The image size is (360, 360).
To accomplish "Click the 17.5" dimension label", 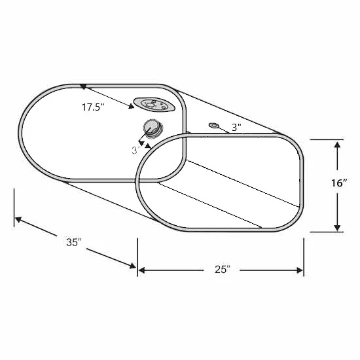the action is pos(93,107).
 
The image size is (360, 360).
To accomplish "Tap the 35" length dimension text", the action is pos(74,242).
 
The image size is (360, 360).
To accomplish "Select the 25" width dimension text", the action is pos(222,270).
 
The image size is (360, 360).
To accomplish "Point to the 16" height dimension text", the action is pos(338,183).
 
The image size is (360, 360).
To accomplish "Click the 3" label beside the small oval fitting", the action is pos(236,128).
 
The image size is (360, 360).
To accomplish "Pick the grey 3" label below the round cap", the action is pos(136,151).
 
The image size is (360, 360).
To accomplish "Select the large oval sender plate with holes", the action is pos(154,105).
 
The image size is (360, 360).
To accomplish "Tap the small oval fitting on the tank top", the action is pos(213,126).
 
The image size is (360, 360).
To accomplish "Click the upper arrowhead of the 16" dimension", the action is pos(337,145).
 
